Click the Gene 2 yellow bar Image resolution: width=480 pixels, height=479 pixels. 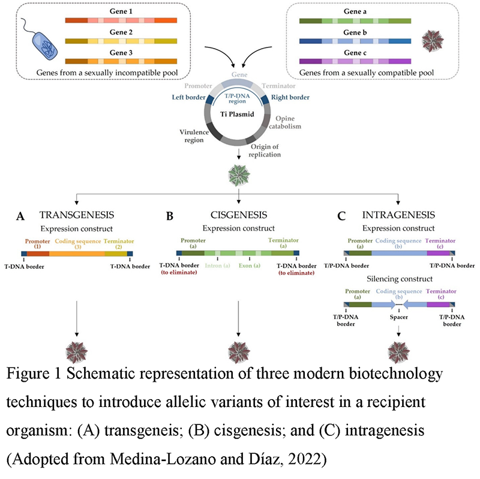click(121, 41)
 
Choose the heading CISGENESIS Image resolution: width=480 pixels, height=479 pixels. click(238, 214)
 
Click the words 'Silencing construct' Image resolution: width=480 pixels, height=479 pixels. click(400, 279)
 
